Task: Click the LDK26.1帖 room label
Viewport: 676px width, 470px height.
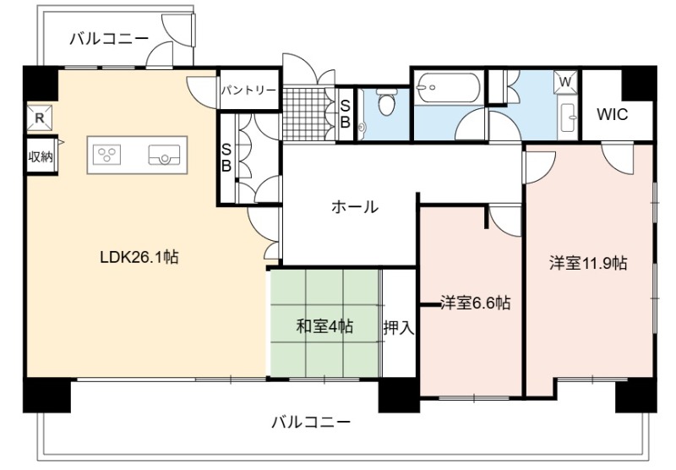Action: pos(139,258)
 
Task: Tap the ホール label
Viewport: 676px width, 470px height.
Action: pos(355,207)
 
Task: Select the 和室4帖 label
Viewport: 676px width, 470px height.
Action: pos(324,326)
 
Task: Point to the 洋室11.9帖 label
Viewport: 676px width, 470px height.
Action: pos(588,263)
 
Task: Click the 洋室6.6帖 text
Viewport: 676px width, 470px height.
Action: pos(476,303)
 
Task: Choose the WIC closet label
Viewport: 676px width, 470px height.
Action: pos(612,114)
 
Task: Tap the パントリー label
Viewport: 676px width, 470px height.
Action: pos(248,90)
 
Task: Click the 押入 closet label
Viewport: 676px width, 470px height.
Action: pos(399,328)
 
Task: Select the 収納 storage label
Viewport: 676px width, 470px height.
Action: pos(41,156)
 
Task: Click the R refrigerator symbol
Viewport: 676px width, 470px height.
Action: pos(39,117)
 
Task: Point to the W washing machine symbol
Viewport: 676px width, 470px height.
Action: pos(565,81)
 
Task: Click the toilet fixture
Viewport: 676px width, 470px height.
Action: pos(385,101)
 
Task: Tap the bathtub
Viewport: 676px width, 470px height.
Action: pos(448,88)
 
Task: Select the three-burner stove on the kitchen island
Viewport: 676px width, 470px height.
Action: pos(107,155)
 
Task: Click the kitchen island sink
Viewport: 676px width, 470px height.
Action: pos(164,155)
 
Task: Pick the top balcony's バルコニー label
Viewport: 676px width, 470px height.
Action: pos(109,39)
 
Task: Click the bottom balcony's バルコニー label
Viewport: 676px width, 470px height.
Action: pos(310,422)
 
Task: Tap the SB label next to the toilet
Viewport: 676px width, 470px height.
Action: pos(345,114)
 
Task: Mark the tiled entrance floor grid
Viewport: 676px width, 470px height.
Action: pos(308,114)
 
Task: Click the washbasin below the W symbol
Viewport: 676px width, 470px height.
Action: pos(568,117)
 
